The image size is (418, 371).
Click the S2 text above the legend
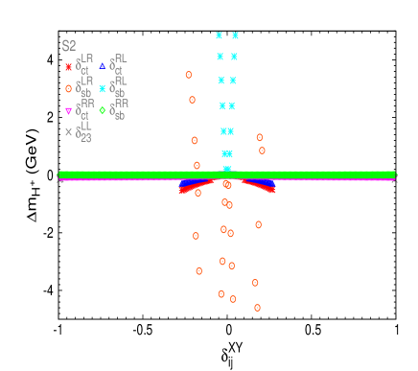point(69,46)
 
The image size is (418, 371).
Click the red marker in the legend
point(68,67)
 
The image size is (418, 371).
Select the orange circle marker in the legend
point(68,88)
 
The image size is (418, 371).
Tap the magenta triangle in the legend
point(68,111)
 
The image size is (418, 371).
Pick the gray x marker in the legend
point(68,132)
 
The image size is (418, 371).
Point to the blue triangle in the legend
point(103,66)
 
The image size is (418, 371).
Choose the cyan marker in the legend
point(103,88)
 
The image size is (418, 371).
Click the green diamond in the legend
point(103,110)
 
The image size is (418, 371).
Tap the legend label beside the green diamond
point(119,108)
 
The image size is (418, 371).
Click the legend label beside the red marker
point(84,65)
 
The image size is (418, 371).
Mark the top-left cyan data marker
point(220,35)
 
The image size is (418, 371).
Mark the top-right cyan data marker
point(235,35)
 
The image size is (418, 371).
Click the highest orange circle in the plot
point(189,75)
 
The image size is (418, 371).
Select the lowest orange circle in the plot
point(257,308)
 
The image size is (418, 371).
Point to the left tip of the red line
point(180,192)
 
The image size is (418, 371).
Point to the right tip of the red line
point(273,191)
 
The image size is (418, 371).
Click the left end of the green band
point(60,174)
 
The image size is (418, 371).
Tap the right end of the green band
point(394,174)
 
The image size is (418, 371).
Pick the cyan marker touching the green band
point(227,170)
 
